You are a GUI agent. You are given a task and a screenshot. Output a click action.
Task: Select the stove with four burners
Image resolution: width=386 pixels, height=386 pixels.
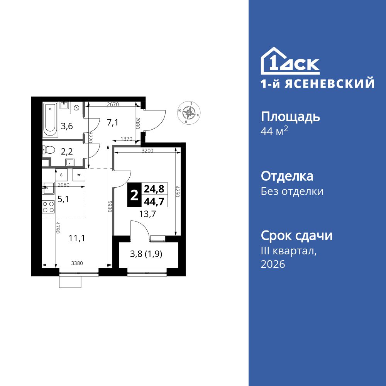[48, 207]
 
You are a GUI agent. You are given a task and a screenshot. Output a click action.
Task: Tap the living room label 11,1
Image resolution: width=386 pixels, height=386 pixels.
[76, 238]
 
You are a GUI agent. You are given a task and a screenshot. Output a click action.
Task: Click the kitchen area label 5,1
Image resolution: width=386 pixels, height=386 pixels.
[63, 200]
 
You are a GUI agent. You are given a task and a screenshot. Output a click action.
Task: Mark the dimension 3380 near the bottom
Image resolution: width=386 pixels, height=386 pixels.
[77, 263]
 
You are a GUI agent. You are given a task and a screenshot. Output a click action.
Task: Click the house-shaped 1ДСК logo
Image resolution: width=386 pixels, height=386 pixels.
[290, 62]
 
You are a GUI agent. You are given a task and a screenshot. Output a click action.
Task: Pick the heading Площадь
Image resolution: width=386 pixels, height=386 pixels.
[290, 117]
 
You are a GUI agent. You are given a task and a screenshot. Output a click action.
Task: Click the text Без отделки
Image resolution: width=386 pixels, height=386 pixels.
[292, 191]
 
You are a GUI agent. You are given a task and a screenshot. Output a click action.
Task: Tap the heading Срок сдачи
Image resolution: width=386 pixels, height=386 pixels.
[296, 235]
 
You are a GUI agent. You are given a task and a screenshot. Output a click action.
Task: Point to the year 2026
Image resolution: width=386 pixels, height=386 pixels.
[273, 264]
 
